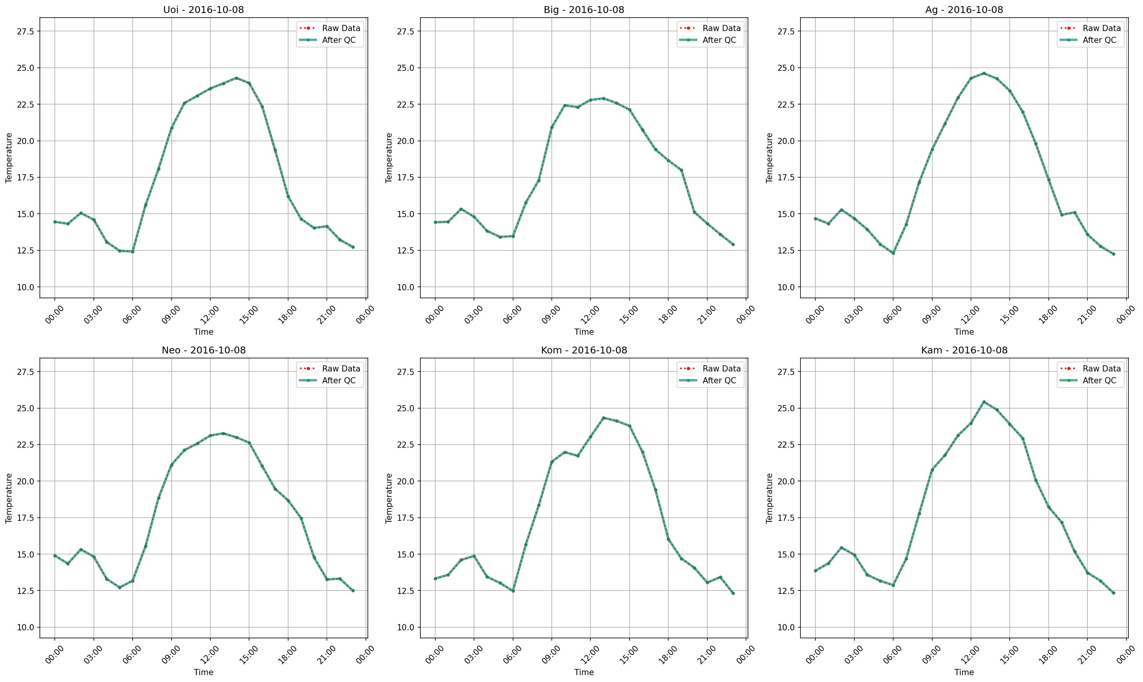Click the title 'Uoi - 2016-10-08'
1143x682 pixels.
[x=203, y=10]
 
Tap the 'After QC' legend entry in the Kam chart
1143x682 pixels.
[x=1099, y=381]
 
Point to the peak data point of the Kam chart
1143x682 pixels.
[x=984, y=402]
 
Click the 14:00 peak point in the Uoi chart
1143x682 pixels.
[x=236, y=78]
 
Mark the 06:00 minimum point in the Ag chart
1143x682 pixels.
[x=893, y=253]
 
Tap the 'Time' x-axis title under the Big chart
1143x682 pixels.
[x=584, y=332]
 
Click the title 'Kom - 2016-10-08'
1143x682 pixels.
[x=584, y=350]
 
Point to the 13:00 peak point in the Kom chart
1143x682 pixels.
[x=603, y=418]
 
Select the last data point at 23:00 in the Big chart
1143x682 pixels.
[x=733, y=244]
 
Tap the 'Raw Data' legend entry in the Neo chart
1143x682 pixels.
[x=341, y=369]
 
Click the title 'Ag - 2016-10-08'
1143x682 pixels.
[x=964, y=10]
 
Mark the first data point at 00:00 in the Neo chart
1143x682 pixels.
[x=55, y=556]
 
